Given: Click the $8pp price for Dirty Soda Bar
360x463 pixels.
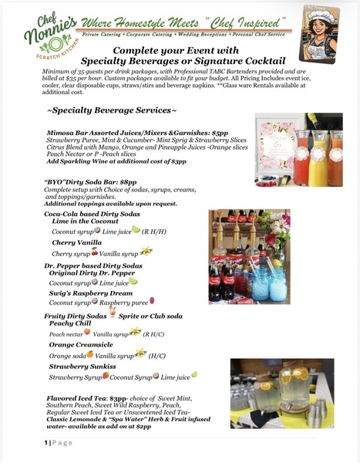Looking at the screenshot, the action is (x=125, y=182).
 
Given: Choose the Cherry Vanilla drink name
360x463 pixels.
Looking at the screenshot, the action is (x=77, y=242).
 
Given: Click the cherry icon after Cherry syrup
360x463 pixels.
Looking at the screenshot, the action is (x=95, y=252).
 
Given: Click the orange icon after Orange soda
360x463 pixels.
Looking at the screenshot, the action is (x=89, y=355).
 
